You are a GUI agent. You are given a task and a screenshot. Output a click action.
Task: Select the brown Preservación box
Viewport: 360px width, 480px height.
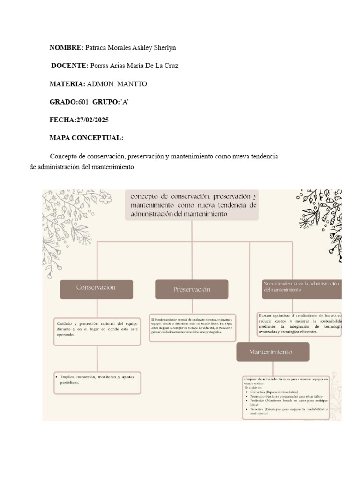(x=192, y=289)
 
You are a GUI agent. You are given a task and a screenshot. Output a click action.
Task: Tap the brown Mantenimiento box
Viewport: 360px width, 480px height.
(x=273, y=352)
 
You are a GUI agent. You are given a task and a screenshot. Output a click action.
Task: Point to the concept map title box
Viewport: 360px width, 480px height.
(x=192, y=204)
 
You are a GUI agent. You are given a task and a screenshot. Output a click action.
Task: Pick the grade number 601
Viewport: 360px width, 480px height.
(x=83, y=102)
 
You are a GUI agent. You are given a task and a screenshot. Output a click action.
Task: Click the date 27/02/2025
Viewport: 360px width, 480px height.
(x=92, y=120)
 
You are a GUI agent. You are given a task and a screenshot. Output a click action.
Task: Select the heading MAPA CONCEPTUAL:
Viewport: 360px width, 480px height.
(x=86, y=138)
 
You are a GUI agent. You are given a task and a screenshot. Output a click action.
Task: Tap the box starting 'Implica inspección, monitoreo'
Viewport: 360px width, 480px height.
(x=97, y=382)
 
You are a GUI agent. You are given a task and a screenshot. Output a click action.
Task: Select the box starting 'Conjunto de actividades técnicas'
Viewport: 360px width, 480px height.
(x=286, y=397)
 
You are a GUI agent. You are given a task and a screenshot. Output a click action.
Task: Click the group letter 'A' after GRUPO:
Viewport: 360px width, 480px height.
(x=124, y=102)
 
